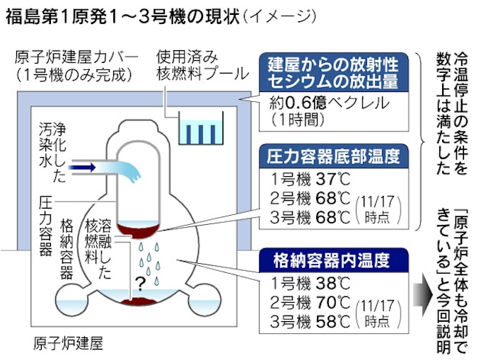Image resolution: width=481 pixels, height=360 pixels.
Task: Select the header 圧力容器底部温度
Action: click(335, 154)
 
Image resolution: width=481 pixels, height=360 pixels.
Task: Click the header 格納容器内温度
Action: click(331, 260)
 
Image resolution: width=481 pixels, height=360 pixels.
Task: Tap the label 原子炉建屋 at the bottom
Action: click(68, 344)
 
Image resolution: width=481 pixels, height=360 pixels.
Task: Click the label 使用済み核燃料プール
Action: click(202, 64)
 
